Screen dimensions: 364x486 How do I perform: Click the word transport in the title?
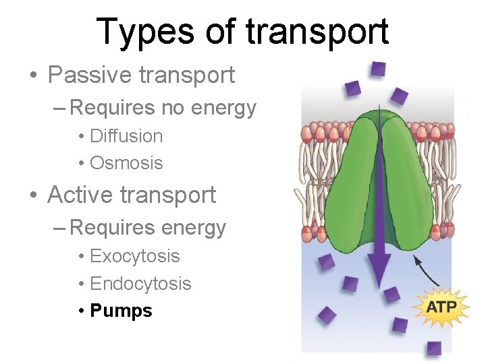(318, 32)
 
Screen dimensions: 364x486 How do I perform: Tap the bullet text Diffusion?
(126, 136)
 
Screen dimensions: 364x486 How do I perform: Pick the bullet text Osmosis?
(126, 163)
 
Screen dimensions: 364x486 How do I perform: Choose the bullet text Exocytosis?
(134, 256)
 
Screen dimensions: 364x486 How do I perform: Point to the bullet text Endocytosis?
(140, 284)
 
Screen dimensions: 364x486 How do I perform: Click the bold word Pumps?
(121, 311)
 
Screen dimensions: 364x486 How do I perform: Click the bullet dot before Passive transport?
(34, 75)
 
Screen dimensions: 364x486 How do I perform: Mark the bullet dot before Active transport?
(34, 195)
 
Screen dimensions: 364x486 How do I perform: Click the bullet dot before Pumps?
(80, 311)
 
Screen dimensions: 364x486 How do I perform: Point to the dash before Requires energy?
(59, 228)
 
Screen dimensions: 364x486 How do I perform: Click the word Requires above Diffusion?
(112, 108)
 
